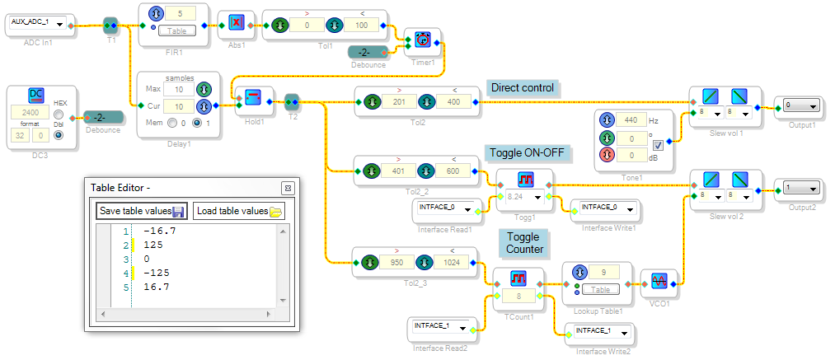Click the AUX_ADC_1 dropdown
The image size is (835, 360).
pos(37,24)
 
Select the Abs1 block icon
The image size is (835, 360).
pos(236,22)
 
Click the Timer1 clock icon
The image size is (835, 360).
pos(423,39)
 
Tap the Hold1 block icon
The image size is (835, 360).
pos(252,97)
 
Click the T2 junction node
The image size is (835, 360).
pos(291,101)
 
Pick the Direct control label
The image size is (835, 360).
pos(523,88)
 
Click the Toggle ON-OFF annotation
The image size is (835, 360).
pos(527,153)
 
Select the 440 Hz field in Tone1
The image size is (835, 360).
pos(631,119)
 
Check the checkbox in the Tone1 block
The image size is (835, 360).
pos(658,145)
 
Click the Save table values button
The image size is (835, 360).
pos(142,211)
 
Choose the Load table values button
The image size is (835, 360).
pos(238,211)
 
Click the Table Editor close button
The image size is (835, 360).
pos(288,188)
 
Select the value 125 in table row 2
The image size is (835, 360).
pos(152,245)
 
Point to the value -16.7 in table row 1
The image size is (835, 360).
pos(160,231)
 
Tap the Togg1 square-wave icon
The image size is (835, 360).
pos(525,179)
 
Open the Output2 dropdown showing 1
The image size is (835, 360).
pos(800,189)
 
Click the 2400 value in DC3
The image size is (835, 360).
pos(30,113)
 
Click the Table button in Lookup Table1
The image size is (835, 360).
pos(601,290)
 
